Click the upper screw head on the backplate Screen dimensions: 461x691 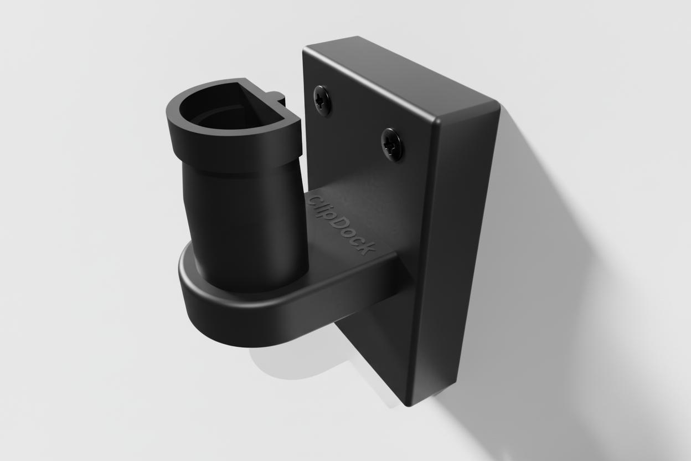point(323,100)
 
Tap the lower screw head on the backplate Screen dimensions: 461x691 point(393,145)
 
